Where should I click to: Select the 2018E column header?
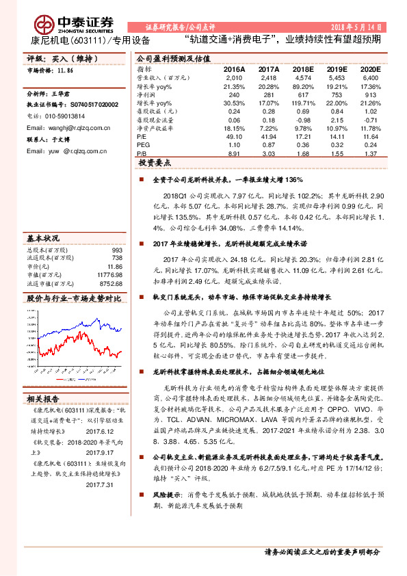point(302,69)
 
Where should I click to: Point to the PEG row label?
point(143,145)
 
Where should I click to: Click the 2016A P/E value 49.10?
point(235,136)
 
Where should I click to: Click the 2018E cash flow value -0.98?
point(302,119)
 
